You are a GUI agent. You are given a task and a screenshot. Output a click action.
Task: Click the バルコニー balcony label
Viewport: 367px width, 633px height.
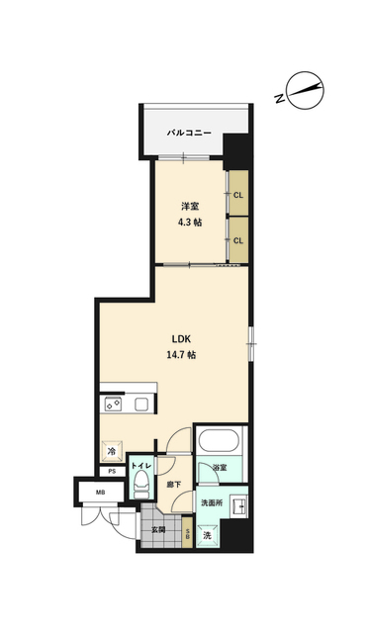coord(189,133)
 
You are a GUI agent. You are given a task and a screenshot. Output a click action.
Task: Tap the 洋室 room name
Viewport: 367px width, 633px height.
coord(189,207)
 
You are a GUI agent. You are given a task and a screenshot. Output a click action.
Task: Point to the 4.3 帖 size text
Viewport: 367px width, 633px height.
coord(190,222)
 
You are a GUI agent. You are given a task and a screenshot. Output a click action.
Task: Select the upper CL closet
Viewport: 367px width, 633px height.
coord(238,194)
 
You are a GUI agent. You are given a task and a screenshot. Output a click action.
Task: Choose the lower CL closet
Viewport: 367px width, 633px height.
coord(238,239)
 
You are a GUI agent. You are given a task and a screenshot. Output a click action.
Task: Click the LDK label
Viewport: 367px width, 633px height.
coord(181,338)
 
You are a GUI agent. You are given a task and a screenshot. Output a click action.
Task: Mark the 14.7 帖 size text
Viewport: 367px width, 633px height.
coord(181,355)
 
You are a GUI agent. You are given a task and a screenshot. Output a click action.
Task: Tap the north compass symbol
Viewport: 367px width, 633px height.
coord(305,91)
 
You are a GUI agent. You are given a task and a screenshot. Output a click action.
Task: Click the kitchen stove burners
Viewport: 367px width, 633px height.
coord(113,405)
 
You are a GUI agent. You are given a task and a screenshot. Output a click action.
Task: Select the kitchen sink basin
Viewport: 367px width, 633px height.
coord(141,405)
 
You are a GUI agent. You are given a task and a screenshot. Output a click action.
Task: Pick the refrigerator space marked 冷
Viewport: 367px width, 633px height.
coord(112,450)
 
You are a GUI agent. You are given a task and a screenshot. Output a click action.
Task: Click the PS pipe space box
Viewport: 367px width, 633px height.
coord(112,471)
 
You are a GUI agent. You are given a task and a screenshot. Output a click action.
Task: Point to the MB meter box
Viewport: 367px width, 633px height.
coord(101,493)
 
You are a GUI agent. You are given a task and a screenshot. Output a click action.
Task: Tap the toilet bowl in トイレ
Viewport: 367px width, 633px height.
coord(140,484)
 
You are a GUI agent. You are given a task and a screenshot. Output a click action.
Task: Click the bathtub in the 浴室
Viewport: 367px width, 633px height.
coord(219,440)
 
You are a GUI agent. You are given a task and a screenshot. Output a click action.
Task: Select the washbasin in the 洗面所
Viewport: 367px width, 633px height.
coord(238,505)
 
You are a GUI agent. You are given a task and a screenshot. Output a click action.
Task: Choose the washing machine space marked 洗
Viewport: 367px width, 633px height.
coord(208,536)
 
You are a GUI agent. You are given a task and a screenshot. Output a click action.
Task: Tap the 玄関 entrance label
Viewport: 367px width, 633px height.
coord(158,530)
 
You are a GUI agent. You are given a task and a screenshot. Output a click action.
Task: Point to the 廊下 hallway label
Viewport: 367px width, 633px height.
coord(174,485)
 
